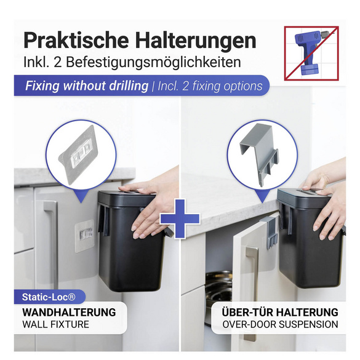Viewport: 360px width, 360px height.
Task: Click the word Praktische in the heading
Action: [x=73, y=41]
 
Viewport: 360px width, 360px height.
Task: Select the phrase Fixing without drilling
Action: [x=87, y=86]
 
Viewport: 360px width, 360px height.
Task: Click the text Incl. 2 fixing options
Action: [x=210, y=86]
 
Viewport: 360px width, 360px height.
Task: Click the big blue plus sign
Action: [x=180, y=218]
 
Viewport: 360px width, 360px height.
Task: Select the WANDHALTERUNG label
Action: [x=68, y=312]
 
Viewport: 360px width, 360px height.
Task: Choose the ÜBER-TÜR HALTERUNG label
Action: [x=281, y=312]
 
